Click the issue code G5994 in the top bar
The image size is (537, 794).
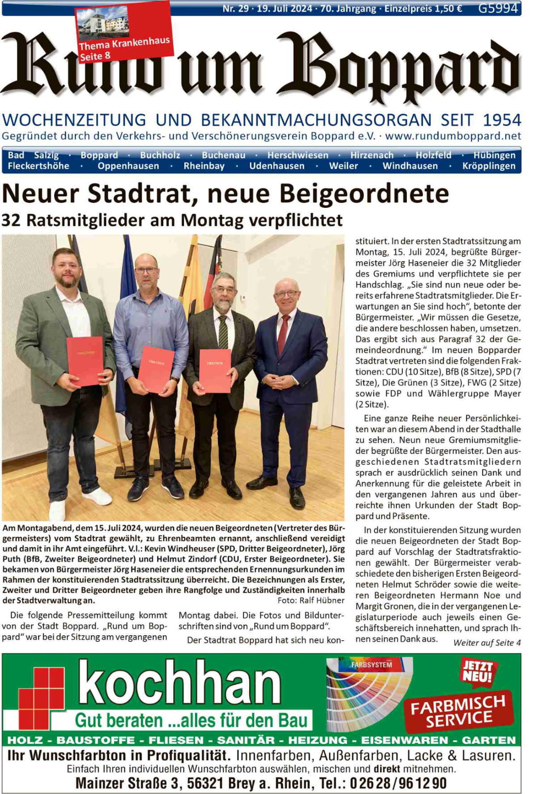tap(498, 8)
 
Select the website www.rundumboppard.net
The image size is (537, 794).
tap(453, 136)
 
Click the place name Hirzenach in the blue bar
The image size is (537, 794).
tap(371, 155)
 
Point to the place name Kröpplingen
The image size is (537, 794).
tap(489, 166)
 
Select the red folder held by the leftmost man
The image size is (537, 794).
tap(85, 361)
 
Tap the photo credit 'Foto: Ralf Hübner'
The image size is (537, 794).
tap(311, 600)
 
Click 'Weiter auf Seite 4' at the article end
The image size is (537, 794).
tap(487, 643)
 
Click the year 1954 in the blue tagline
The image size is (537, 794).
tap(502, 120)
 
